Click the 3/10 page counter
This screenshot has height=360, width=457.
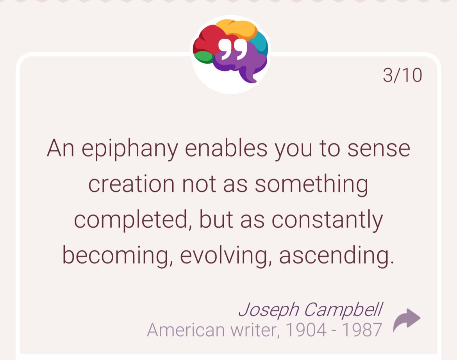402,75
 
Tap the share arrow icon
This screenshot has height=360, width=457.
407,319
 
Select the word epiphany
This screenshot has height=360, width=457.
129,149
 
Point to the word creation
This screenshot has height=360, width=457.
132,184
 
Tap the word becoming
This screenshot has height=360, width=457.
116,256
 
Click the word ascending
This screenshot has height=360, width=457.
336,255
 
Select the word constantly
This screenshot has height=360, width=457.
327,220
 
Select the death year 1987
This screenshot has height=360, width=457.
362,330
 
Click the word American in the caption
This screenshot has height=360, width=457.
186,330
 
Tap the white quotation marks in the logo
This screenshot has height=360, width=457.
232,49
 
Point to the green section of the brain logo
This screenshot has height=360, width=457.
204,57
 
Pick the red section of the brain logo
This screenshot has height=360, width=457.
207,41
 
